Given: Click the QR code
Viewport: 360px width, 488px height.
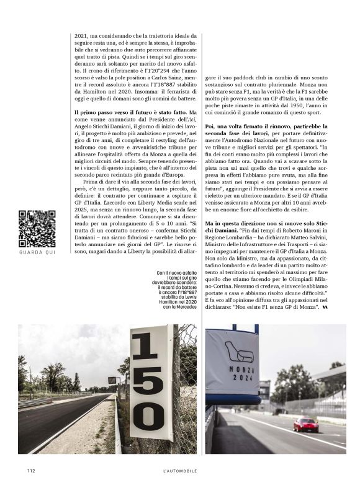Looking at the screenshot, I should click(37, 229).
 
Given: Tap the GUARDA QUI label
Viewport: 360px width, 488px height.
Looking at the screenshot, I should click(37, 252).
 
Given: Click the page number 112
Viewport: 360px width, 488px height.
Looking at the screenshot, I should click(30, 471).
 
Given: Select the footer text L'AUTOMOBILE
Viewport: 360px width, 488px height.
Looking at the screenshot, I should click(176, 471).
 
